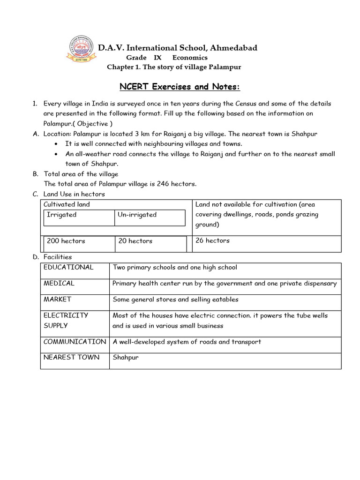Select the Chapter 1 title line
[174, 67]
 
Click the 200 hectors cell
[66, 241]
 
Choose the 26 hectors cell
[212, 240]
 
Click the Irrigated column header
[61, 215]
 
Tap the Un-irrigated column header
[137, 215]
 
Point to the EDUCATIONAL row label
[68, 267]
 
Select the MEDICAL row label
[59, 283]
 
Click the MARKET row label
[57, 299]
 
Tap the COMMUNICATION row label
[75, 341]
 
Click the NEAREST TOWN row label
[71, 357]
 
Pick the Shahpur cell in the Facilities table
[126, 358]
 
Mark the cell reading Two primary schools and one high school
[175, 267]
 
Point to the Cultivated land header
[67, 204]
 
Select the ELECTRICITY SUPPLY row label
[66, 320]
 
